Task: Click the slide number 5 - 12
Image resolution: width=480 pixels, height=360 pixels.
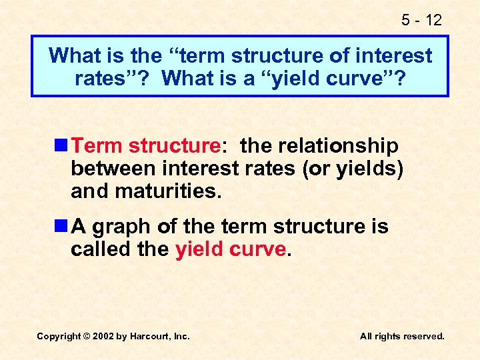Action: (x=421, y=20)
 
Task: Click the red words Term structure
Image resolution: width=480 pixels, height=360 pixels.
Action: (x=146, y=145)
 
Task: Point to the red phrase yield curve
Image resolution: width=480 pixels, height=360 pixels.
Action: (x=231, y=249)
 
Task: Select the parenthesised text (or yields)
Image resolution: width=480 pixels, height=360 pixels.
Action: (x=353, y=169)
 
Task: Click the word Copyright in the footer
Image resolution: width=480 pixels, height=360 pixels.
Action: (x=59, y=337)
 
